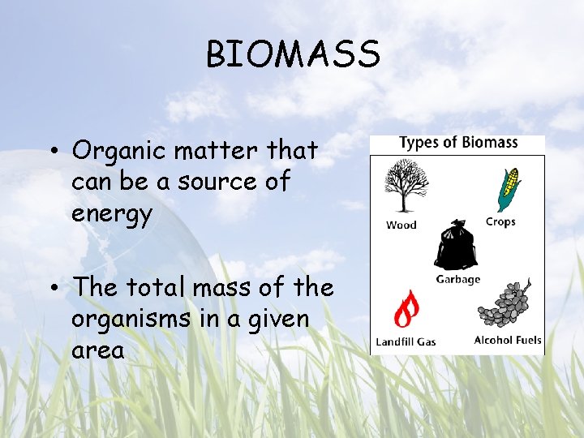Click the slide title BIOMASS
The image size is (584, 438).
pyautogui.click(x=292, y=55)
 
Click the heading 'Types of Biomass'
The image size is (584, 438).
pyautogui.click(x=458, y=143)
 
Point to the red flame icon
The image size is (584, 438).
pyautogui.click(x=406, y=309)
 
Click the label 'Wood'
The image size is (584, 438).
pyautogui.click(x=401, y=225)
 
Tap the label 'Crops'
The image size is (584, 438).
pyautogui.click(x=500, y=222)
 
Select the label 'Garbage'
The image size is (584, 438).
pyautogui.click(x=458, y=279)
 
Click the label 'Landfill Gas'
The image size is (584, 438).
pyautogui.click(x=406, y=341)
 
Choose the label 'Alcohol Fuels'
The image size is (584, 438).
pyautogui.click(x=508, y=340)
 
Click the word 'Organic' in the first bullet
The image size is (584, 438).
pyautogui.click(x=119, y=151)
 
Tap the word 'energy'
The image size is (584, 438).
pyautogui.click(x=111, y=214)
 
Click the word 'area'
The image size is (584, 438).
pyautogui.click(x=98, y=350)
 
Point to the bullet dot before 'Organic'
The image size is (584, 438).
pyautogui.click(x=52, y=152)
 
